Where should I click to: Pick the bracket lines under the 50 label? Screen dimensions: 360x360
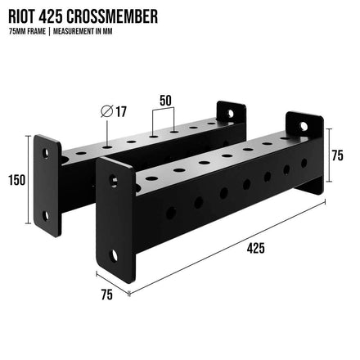click(164, 115)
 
